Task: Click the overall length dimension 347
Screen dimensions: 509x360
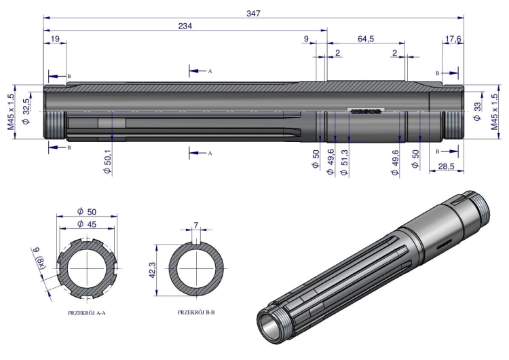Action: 253,14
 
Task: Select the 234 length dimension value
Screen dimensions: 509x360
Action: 185,26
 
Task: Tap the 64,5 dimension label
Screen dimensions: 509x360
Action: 366,39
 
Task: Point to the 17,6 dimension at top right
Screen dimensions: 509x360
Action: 453,39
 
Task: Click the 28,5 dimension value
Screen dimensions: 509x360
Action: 446,166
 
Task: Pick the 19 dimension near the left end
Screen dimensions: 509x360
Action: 55,39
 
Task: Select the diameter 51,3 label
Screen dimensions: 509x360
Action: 344,162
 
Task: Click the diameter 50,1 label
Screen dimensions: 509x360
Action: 107,162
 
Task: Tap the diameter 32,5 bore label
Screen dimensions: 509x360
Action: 26,111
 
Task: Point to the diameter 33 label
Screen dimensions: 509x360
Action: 477,111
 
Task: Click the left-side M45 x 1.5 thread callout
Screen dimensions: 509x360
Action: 11,112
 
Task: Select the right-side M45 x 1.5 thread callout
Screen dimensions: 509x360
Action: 494,112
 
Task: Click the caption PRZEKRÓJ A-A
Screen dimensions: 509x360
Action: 87,313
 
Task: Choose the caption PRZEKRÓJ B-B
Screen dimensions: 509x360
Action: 196,312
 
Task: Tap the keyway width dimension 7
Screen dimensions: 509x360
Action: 195,225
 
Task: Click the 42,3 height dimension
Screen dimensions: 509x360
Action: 152,270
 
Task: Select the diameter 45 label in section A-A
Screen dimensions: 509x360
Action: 87,224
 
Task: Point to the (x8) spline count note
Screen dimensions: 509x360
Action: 41,262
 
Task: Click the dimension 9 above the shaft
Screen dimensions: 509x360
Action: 306,39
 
